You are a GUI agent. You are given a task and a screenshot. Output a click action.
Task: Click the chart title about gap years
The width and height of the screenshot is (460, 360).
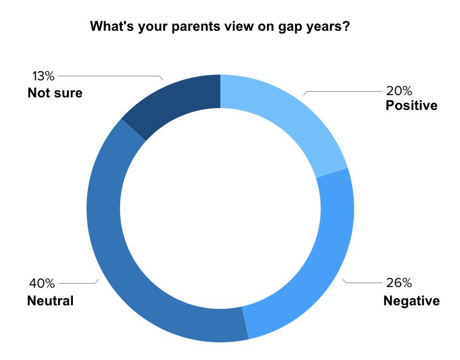[x=220, y=26]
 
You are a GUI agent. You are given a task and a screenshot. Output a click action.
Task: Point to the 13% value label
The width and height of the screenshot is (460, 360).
[x=43, y=76]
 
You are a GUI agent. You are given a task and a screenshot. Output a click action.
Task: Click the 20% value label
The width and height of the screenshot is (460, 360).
[x=399, y=91]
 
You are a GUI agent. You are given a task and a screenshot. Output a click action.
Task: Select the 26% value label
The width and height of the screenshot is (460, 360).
[x=399, y=283]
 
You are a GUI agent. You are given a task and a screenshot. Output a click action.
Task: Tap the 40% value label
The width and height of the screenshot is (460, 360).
[x=42, y=283]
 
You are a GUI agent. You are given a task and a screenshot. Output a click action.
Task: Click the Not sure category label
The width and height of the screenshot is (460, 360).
[x=55, y=93]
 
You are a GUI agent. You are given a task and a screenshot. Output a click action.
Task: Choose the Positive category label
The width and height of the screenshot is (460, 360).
[x=411, y=105]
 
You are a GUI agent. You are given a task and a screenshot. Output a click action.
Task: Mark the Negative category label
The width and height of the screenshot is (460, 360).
[x=411, y=301]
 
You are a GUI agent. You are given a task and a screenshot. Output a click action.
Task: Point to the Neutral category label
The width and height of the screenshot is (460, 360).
[x=50, y=301]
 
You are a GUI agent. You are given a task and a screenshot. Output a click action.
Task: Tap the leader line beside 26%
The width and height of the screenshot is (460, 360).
[x=362, y=283]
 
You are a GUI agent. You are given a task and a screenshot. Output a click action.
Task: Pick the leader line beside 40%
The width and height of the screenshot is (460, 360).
[x=79, y=283]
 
